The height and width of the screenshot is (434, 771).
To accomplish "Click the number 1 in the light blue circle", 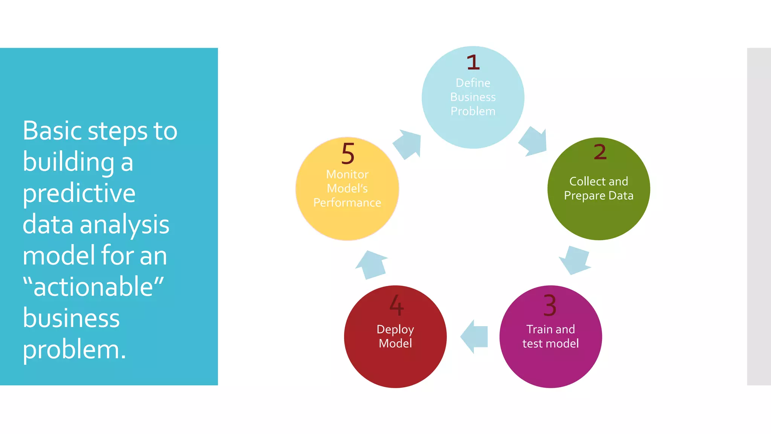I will (x=473, y=63).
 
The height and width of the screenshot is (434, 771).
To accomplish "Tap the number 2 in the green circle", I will (x=600, y=152).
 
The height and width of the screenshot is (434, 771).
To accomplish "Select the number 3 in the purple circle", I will (x=550, y=306).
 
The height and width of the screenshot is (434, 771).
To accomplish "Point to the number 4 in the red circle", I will (x=397, y=305).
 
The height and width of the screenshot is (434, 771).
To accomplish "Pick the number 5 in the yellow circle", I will (x=348, y=154).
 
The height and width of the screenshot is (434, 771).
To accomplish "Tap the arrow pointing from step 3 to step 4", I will (x=474, y=336).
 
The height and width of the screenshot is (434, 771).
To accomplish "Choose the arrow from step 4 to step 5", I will (x=371, y=265).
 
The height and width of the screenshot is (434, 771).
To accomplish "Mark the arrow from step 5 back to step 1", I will (x=408, y=144).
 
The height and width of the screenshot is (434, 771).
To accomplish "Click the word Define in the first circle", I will (x=473, y=83).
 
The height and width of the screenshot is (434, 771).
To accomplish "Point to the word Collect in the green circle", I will (x=587, y=182).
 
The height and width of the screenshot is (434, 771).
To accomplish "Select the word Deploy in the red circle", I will (x=395, y=330).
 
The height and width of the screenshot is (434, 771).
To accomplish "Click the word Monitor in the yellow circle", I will (x=347, y=174).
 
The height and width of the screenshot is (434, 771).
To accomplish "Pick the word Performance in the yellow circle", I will (x=347, y=203).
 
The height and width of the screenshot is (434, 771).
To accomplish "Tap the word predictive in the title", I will (x=79, y=193).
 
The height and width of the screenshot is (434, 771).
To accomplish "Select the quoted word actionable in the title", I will (x=93, y=287).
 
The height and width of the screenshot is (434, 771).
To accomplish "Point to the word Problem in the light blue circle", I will (x=473, y=111).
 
